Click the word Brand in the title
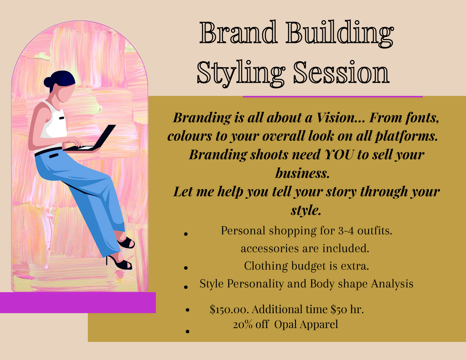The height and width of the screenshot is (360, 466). point(238,32)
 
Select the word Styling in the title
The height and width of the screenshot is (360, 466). point(241,74)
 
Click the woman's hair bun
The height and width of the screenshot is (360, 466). point(48,82)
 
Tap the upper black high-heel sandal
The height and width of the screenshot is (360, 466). point(126,242)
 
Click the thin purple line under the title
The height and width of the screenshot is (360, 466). point(332,97)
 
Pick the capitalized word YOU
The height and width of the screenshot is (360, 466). point(339,154)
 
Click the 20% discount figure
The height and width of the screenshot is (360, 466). point(242,324)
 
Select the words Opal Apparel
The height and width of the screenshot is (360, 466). point(306,325)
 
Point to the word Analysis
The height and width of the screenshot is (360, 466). point(392,284)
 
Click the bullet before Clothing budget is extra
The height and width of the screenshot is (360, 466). point(186,268)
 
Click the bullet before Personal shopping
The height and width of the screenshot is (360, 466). point(186,234)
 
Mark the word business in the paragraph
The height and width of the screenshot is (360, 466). point(302,173)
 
